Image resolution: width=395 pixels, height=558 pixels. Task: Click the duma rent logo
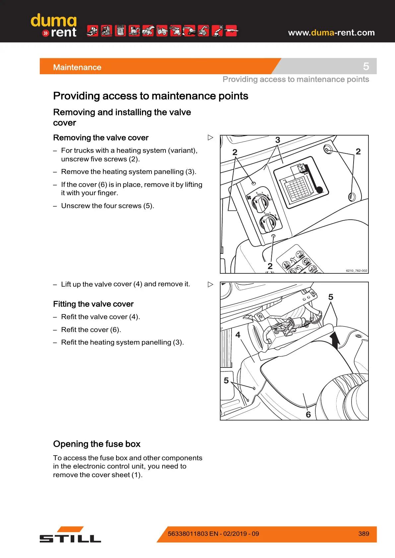pos(54,26)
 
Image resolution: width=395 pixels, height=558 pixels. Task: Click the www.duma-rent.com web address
pos(331,32)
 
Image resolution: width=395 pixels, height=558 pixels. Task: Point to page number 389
pos(363,533)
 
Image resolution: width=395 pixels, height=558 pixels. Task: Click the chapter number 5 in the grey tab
pos(366,66)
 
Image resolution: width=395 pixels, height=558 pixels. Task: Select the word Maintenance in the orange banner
pos(77,67)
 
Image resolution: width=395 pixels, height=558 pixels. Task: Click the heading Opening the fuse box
pos(97,444)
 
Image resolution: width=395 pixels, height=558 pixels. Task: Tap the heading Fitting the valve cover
pos(93,304)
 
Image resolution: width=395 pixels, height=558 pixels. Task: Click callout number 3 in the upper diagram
pos(278,140)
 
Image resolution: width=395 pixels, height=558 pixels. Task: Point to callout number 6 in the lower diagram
pos(308,415)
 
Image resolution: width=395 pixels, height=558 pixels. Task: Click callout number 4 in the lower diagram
pos(238,335)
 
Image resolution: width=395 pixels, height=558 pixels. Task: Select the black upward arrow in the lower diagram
pos(335,340)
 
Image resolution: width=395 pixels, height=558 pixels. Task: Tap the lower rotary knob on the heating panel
pos(268,223)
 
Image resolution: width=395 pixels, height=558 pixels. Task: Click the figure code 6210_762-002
pos(357,270)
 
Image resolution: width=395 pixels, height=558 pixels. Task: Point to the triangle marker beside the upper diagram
pos(210,138)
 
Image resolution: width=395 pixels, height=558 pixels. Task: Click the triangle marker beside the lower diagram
pos(210,284)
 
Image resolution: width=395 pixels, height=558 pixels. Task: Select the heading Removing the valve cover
pos(101,138)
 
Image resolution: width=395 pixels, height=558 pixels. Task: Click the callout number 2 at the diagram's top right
pos(358,151)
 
